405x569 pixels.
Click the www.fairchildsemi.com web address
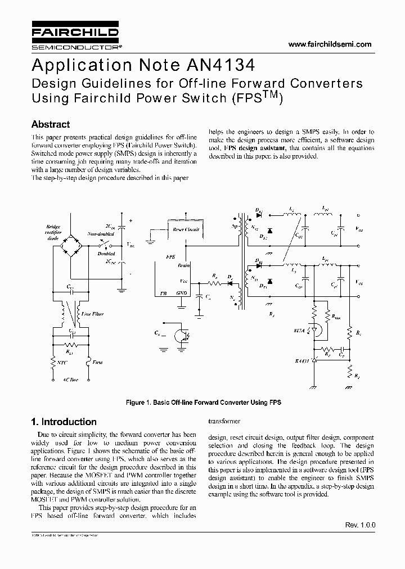330,44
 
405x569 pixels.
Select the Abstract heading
51,124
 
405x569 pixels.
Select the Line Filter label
92,313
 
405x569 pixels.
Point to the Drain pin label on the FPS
183,264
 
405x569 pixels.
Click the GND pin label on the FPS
182,293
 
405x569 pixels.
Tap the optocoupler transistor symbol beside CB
182,336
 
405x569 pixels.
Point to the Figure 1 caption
203,403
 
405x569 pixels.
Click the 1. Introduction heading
64,422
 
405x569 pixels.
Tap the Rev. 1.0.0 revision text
360,525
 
